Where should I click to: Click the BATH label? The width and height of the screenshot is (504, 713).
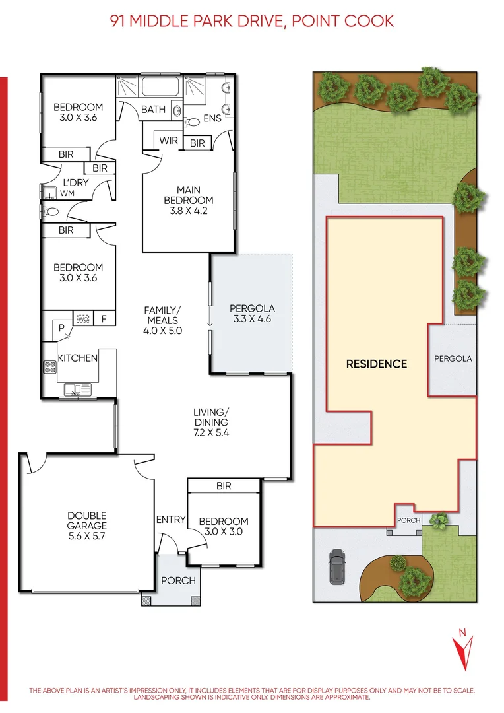coord(153,110)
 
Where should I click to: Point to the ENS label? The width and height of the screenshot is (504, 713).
coord(212,118)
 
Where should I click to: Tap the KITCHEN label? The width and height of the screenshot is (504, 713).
coord(78,358)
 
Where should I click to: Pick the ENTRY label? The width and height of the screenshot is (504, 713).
coord(170,520)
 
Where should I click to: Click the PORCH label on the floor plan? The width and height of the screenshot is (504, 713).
coord(178,580)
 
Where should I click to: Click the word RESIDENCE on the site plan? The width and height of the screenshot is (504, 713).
coord(377,364)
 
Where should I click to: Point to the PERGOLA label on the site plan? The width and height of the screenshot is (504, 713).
coord(453,359)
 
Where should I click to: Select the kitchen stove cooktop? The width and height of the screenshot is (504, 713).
coord(50,367)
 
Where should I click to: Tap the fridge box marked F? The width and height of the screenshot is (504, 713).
coord(104,319)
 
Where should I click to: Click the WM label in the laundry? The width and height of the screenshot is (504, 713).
coord(67,194)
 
